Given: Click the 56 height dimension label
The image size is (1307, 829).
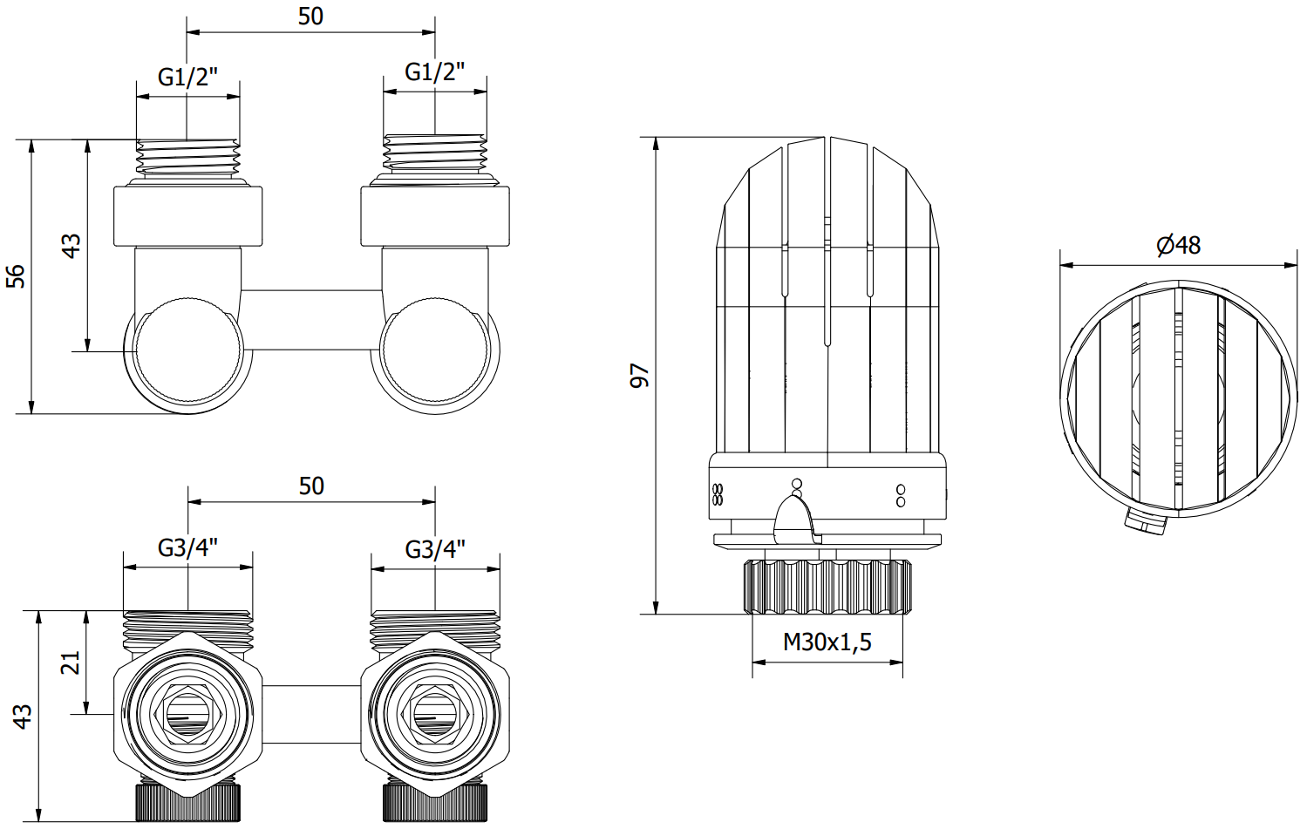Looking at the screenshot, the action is coord(16,276).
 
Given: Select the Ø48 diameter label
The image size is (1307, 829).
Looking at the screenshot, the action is coord(1178,246).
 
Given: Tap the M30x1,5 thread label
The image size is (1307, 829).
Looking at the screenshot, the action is coord(827,642).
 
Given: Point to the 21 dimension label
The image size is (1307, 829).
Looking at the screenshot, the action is coord(71,663).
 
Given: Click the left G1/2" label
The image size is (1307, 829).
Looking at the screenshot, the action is coord(187,77).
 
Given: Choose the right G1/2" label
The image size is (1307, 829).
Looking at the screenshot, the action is coord(435,72).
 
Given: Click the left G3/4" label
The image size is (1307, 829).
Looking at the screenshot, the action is coord(187,548).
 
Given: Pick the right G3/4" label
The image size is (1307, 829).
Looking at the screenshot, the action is coord(435,549).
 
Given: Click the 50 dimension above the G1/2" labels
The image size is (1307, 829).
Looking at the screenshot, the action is coord(310,17).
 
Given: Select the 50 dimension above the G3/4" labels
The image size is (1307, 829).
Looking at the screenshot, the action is coord(311,486).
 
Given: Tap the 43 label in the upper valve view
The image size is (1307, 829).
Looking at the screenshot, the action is coord(71,246).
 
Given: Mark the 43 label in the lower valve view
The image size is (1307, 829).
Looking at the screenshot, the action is coord(23,717).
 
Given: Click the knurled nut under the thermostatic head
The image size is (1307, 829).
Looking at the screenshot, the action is coord(827,587).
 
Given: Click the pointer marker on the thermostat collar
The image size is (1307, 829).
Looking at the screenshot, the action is coord(795,517).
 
